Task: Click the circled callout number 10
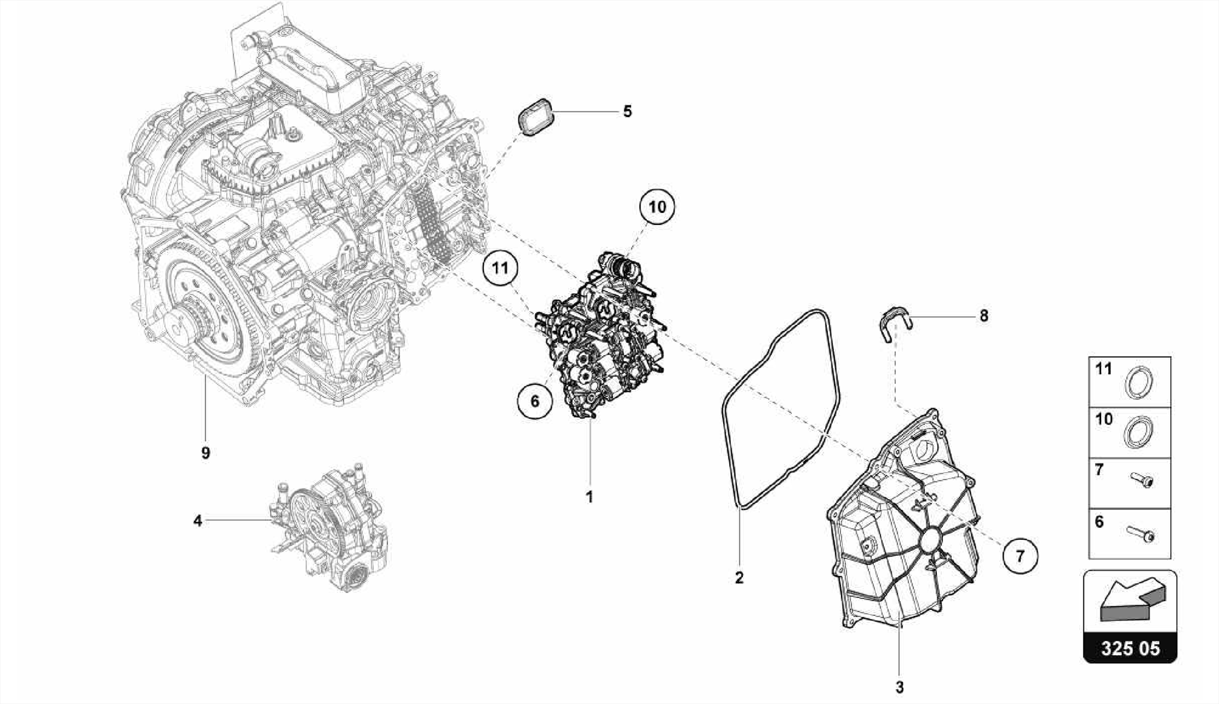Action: pos(657,207)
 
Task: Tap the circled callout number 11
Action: pos(500,269)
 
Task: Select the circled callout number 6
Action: pos(535,401)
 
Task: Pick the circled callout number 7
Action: pos(1020,556)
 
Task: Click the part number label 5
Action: pos(627,111)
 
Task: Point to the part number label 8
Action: pos(984,316)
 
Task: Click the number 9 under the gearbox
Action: pos(205,453)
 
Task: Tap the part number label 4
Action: pos(198,521)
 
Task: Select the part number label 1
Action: pos(590,497)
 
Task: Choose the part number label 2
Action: pos(739,577)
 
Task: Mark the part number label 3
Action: pos(899,687)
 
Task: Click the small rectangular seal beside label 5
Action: pos(535,116)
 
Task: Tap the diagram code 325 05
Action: pos(1130,648)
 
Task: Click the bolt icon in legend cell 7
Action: pos(1140,480)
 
